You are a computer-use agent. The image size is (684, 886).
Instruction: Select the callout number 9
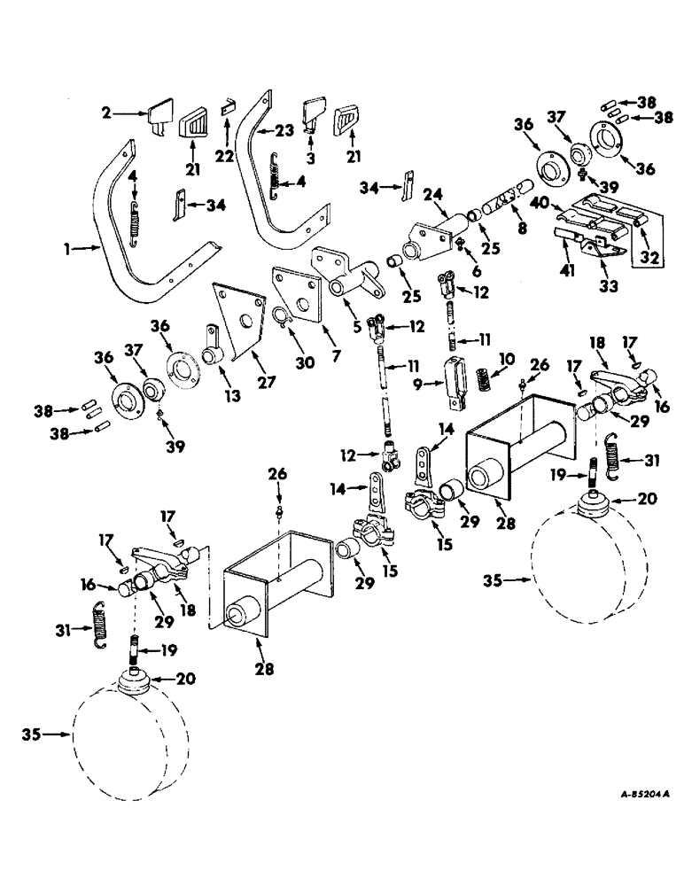point(426,384)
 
